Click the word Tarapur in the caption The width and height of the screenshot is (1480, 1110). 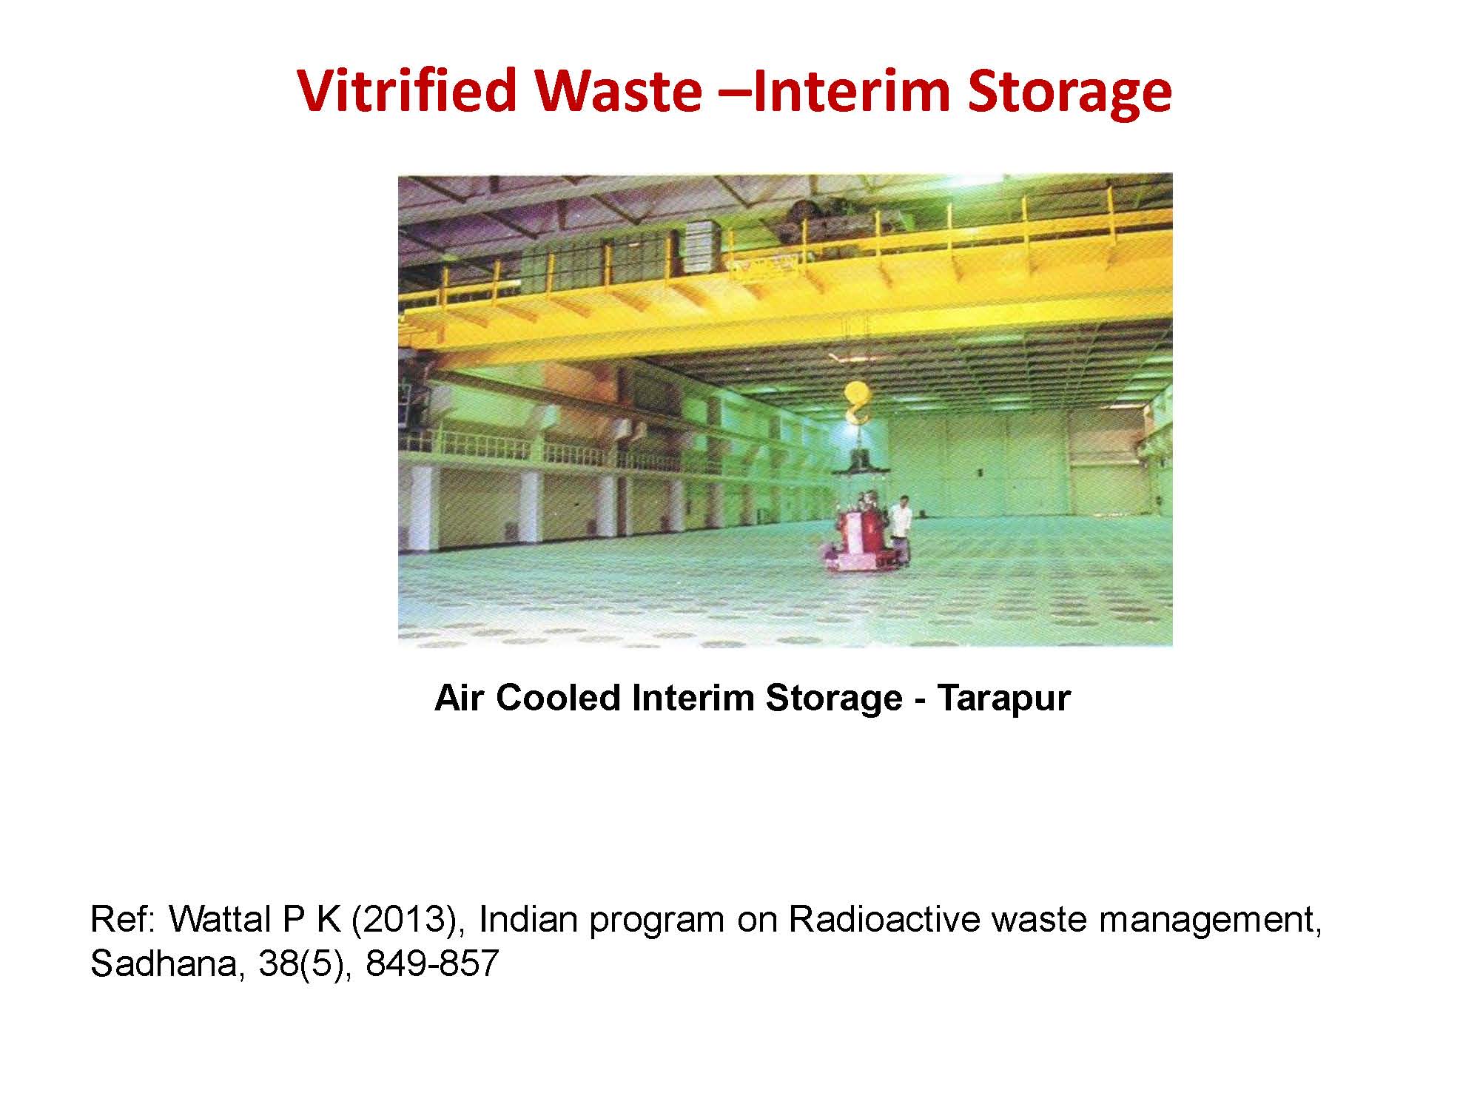pyautogui.click(x=1003, y=698)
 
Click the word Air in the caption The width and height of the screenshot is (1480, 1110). pyautogui.click(x=459, y=698)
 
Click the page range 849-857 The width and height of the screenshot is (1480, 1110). pyautogui.click(x=432, y=964)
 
